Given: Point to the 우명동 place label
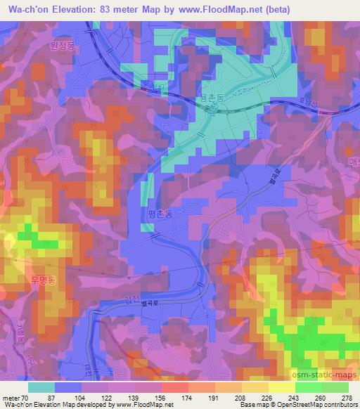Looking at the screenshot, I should [x=42, y=279].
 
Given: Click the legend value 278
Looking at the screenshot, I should [x=347, y=398].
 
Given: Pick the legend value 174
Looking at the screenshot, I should [x=188, y=398].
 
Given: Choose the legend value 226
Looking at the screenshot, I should [x=267, y=398].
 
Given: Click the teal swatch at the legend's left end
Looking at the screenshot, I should [x=41, y=387].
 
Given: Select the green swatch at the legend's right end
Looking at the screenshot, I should [x=335, y=387].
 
